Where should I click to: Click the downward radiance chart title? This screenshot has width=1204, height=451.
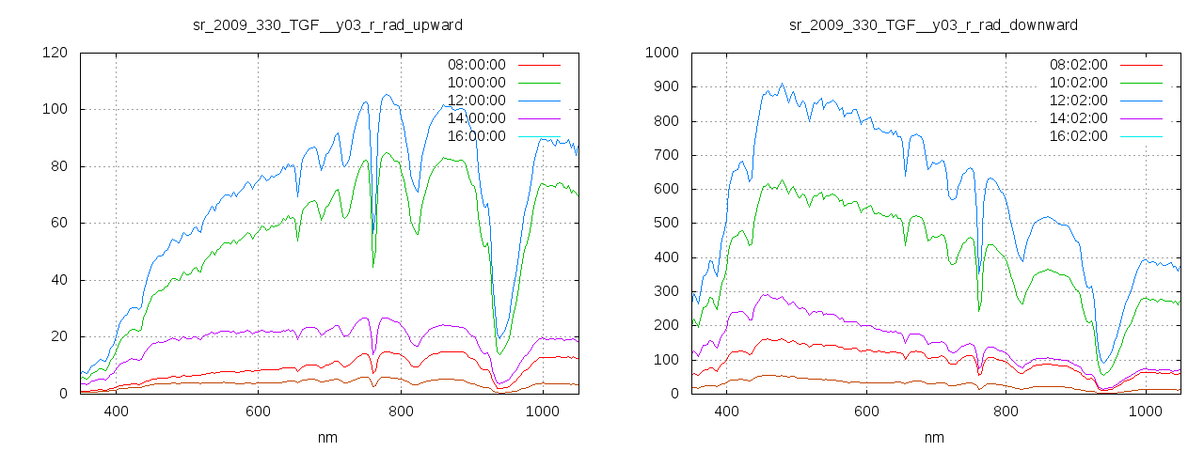point(933,24)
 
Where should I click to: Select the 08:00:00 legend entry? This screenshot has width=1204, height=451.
point(475,65)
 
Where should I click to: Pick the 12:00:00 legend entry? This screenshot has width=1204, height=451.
point(475,101)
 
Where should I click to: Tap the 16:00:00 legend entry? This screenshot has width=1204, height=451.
point(475,136)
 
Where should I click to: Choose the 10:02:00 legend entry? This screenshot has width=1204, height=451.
point(1077,83)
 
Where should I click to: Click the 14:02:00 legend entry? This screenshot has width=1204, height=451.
point(1077,118)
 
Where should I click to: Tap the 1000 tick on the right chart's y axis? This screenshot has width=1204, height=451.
point(662,53)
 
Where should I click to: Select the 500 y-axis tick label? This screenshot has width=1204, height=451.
point(666,224)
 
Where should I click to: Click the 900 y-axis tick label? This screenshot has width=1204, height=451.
point(666,86)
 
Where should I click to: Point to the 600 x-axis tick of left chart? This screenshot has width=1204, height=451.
point(258,411)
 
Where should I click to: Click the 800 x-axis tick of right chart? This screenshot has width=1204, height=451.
point(1006,411)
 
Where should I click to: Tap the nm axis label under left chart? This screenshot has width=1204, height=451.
point(328,438)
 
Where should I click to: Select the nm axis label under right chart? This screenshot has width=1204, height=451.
point(934,438)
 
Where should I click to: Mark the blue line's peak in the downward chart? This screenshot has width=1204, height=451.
point(782,84)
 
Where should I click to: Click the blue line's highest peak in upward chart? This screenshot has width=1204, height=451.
point(387,94)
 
